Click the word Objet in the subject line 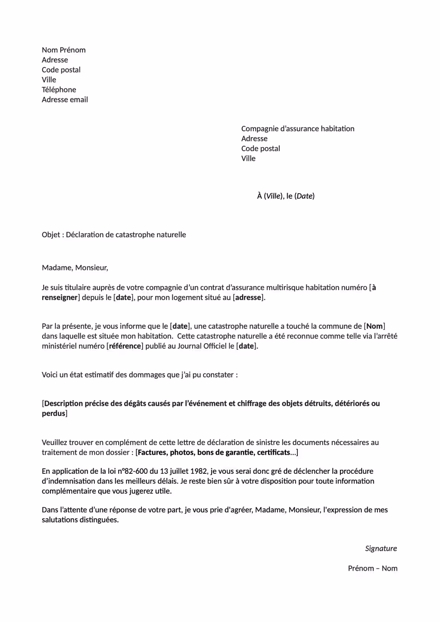coord(51,235)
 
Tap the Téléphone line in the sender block coord(59,90)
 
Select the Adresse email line coord(65,100)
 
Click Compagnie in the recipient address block coord(260,129)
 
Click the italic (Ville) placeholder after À coord(273,196)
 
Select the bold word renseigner coord(60,297)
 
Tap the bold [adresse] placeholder coord(248,297)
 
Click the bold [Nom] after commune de coord(375,326)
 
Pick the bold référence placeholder coord(125,346)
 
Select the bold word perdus coord(54,413)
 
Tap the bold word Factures coord(152,452)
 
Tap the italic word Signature coord(381,548)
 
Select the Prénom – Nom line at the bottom coord(372,568)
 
